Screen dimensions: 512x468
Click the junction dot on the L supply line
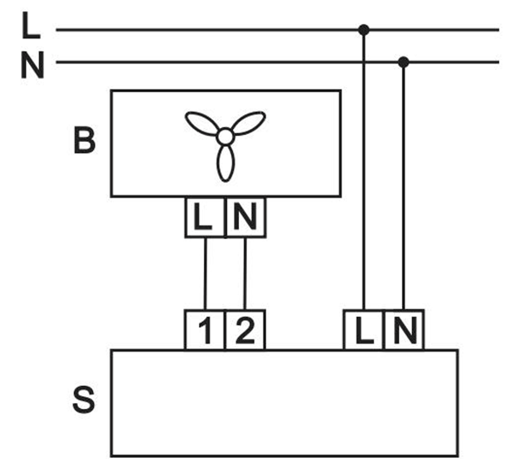pos(364,30)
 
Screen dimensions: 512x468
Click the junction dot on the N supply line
pos(404,61)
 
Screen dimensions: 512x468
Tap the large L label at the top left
pos(31,26)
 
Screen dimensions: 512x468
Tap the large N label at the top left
pos(32,65)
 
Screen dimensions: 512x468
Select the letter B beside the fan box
pos(84,140)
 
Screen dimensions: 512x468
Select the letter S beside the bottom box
pos(84,400)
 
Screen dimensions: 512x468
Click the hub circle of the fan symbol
pos(225,137)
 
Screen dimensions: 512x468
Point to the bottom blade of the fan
pos(225,163)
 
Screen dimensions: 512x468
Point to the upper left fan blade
pos(201,123)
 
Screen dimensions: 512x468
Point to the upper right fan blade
pos(248,123)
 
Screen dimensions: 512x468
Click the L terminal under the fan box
pos(205,217)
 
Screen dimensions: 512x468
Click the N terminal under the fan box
pos(246,217)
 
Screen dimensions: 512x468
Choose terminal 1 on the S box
pos(205,330)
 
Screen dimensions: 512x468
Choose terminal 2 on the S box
pos(245,330)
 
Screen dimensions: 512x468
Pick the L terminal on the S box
pos(364,330)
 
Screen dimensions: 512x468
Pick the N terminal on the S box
pos(404,330)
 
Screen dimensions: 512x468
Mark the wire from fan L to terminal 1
pos(206,273)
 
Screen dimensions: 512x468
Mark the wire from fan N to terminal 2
pos(245,273)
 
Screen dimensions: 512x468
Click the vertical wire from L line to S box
pos(364,170)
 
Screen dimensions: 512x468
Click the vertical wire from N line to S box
pos(404,185)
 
